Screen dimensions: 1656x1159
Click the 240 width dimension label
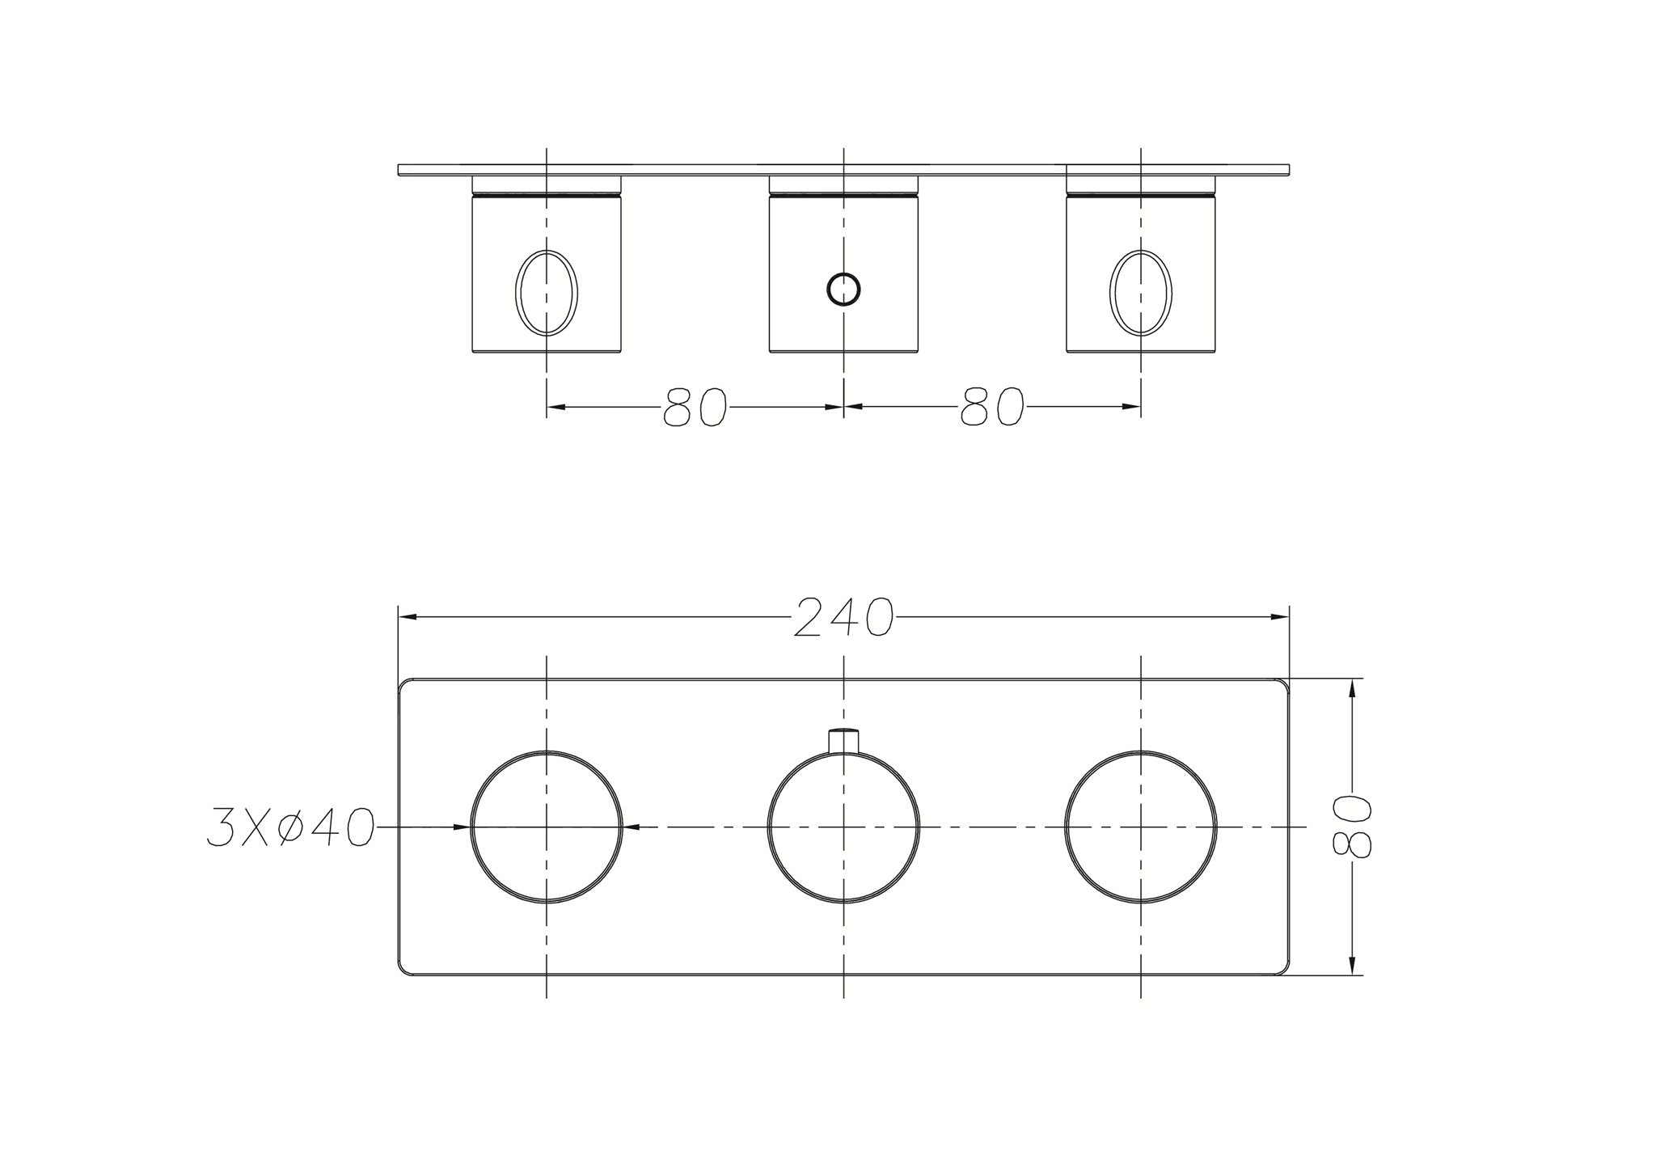click(843, 618)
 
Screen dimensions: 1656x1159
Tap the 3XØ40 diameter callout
click(290, 827)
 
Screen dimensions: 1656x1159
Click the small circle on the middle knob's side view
click(843, 289)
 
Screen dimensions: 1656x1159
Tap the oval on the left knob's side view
click(547, 292)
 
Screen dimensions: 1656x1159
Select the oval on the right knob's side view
click(1141, 292)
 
